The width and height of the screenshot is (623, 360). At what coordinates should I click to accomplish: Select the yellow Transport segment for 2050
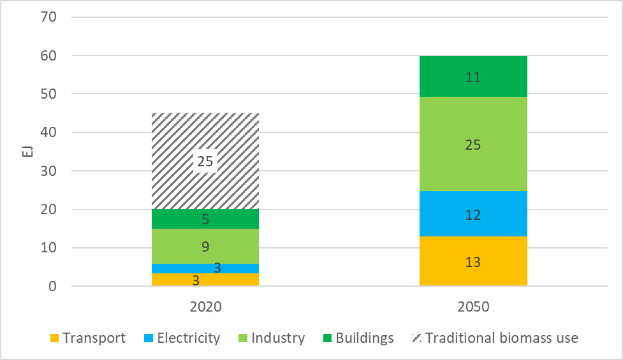click(473, 261)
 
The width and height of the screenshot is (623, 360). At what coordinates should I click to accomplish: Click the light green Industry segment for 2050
click(473, 144)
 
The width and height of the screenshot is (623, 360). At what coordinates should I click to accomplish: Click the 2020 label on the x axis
click(205, 306)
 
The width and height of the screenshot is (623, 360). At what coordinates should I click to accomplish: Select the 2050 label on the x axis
click(473, 306)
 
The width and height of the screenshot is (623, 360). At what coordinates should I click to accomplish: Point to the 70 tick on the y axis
click(50, 17)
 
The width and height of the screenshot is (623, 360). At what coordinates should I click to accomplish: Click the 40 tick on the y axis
click(50, 133)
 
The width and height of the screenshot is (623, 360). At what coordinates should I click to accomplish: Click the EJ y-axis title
click(20, 152)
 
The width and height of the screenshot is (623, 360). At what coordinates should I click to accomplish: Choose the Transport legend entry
click(87, 338)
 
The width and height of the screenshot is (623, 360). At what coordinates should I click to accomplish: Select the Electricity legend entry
click(180, 338)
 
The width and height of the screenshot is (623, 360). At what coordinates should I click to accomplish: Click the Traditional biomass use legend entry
click(494, 338)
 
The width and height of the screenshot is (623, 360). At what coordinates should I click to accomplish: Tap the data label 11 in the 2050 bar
click(473, 78)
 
